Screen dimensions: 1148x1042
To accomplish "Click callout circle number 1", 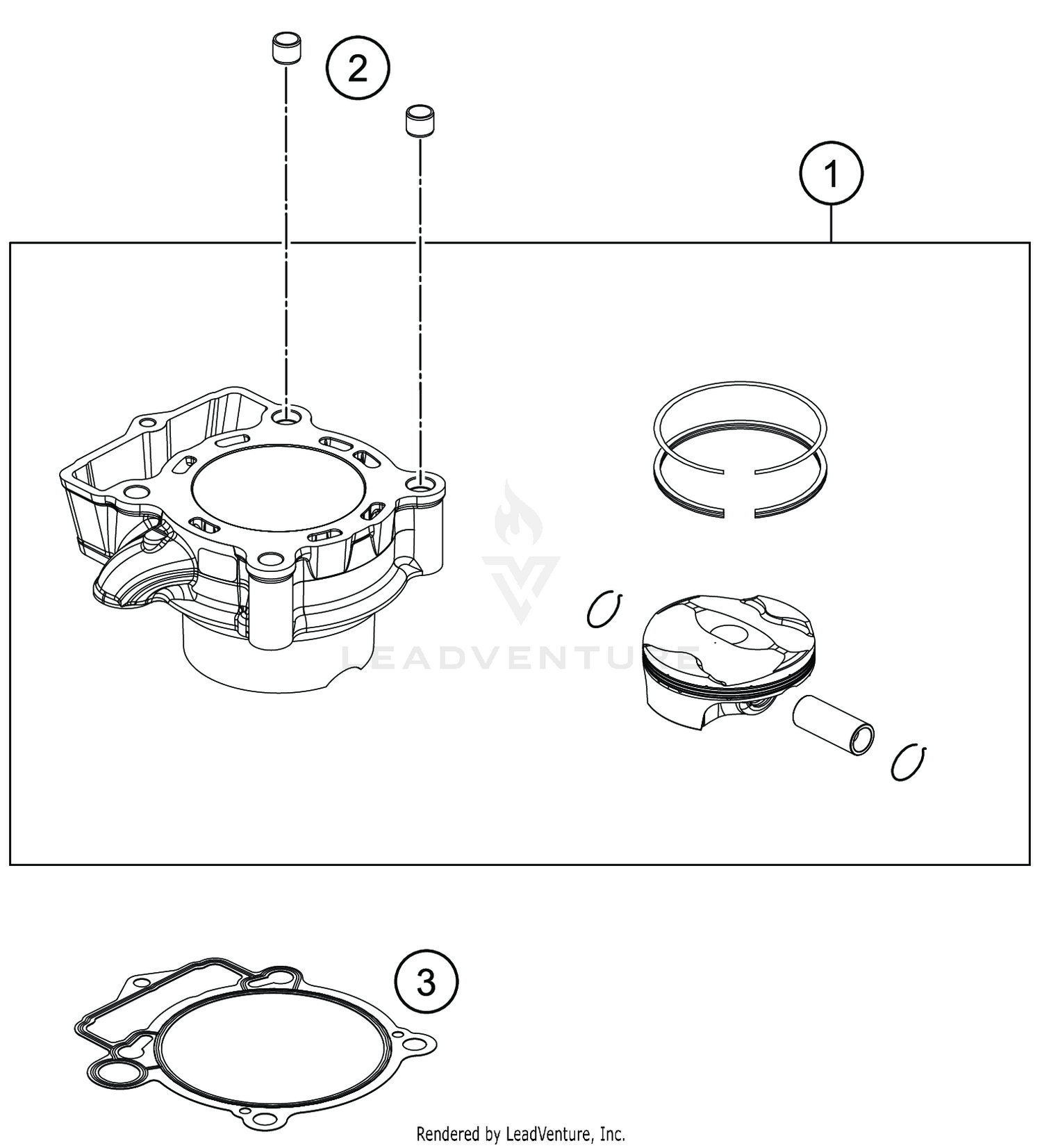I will point(831,174).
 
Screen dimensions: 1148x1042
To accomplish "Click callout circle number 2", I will point(358,69).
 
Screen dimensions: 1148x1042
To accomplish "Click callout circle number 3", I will point(427,983).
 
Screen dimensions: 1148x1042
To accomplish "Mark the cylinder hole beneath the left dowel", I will point(286,418).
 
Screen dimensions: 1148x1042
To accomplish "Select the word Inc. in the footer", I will point(612,1135).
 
